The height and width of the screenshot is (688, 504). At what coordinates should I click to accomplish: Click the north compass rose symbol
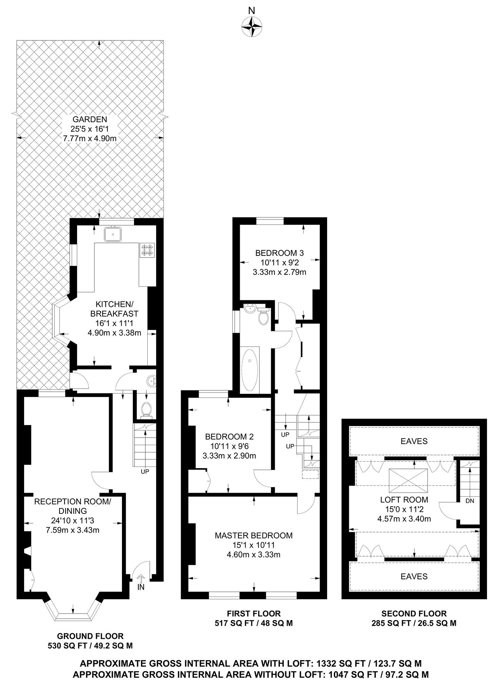coord(252,27)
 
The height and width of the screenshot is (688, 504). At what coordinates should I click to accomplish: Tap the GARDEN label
coord(90,120)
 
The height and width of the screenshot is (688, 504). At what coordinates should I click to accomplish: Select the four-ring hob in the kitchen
coord(147,250)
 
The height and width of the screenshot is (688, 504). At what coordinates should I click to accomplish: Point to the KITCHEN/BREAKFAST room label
coord(114,309)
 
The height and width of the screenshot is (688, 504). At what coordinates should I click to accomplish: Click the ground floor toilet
coord(146,409)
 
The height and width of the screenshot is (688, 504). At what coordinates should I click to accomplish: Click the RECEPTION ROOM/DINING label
coord(72,506)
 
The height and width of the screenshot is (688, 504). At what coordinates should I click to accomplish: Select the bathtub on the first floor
coord(250,370)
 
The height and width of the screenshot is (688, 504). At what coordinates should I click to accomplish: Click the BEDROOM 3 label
coord(279,253)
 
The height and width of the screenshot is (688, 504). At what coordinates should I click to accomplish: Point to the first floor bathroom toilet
coord(264,316)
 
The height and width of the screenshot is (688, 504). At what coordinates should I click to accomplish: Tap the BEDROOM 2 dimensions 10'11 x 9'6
coord(229,446)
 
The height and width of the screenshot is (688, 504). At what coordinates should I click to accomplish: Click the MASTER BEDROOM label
coord(253,535)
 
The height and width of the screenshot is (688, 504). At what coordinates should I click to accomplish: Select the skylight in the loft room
coord(408,480)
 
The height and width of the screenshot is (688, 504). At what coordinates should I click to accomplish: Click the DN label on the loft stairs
coord(470,501)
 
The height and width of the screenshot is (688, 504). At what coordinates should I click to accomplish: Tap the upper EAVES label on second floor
coord(414,441)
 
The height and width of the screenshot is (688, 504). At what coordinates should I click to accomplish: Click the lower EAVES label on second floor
coord(414,576)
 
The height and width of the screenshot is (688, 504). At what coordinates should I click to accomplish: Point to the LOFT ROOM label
coord(404,499)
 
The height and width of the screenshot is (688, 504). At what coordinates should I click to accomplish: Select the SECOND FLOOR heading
coord(414,614)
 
